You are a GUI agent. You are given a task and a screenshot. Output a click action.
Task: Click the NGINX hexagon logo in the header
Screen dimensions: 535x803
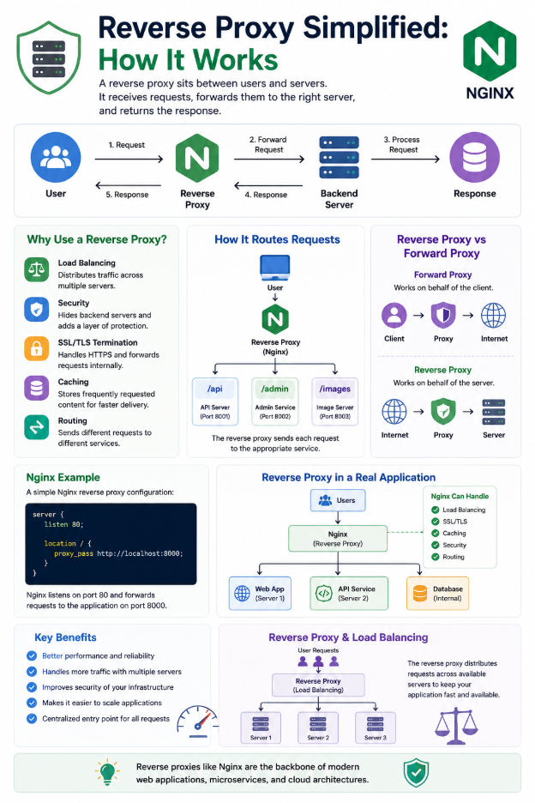click(x=490, y=51)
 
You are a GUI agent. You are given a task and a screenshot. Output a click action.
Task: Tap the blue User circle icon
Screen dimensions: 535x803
click(x=56, y=158)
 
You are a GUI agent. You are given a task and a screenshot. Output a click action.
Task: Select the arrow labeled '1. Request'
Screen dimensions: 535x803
click(x=129, y=160)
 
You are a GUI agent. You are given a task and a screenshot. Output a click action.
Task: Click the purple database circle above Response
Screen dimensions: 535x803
click(x=475, y=158)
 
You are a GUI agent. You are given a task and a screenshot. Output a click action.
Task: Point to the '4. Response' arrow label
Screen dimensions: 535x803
click(x=266, y=195)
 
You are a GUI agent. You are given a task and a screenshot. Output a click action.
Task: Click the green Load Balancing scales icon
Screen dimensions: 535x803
click(x=36, y=269)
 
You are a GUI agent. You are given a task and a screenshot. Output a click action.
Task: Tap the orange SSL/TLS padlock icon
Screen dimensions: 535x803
click(x=36, y=349)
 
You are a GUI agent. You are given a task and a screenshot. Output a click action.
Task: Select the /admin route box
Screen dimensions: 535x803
click(x=275, y=401)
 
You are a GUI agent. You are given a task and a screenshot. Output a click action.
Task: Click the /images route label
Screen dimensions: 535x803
click(x=335, y=389)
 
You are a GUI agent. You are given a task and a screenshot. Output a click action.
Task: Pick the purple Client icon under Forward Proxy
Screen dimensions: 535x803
click(x=394, y=315)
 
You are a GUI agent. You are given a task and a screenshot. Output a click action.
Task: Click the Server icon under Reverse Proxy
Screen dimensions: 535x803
click(x=494, y=412)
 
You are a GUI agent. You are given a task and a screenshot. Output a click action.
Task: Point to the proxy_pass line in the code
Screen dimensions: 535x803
click(x=118, y=553)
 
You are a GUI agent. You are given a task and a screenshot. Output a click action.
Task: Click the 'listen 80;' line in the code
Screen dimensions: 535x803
click(x=63, y=524)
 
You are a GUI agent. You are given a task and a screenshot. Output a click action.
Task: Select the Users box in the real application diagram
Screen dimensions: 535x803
click(x=338, y=500)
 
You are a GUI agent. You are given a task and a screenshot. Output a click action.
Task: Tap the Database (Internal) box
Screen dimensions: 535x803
click(x=438, y=594)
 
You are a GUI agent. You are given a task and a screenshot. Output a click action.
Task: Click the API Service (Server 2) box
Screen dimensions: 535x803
click(x=349, y=594)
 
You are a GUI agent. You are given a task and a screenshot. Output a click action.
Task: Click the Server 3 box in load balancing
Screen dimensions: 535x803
click(x=376, y=728)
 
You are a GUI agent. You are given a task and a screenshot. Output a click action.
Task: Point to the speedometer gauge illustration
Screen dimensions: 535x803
click(x=198, y=721)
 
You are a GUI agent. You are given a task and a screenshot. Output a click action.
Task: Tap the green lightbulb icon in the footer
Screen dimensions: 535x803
click(x=107, y=773)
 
